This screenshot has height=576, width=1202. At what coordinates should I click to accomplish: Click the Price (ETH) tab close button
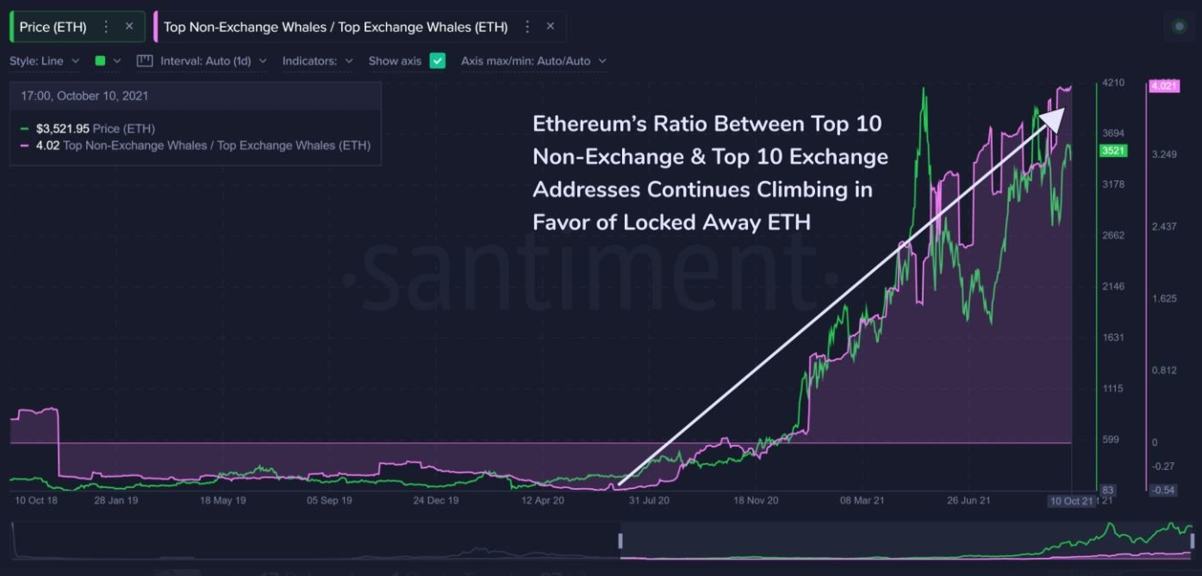coord(129,27)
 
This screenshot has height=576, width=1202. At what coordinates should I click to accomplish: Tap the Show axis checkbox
coord(438,61)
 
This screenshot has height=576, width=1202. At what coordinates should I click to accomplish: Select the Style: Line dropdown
coord(45,61)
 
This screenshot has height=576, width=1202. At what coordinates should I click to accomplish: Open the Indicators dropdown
coord(317,61)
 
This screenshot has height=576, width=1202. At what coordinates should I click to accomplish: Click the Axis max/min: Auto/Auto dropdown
coord(533,61)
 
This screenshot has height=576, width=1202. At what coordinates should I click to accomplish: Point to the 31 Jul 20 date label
coord(649,500)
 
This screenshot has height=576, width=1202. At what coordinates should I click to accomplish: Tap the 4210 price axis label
coord(1112,83)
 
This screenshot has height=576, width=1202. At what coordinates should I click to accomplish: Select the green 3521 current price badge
coord(1113,151)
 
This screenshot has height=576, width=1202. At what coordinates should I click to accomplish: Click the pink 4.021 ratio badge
coord(1163,85)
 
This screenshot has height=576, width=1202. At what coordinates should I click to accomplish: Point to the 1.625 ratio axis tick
coord(1163,298)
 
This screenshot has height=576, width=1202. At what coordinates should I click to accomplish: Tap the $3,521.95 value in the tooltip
coord(63,128)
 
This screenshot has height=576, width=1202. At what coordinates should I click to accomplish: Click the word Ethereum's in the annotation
coord(582,123)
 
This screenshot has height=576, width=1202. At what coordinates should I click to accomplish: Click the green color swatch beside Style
coord(100,61)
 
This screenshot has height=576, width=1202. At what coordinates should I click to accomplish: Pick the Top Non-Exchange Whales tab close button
coord(551,27)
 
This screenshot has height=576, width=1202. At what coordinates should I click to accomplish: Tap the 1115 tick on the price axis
coord(1112,389)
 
